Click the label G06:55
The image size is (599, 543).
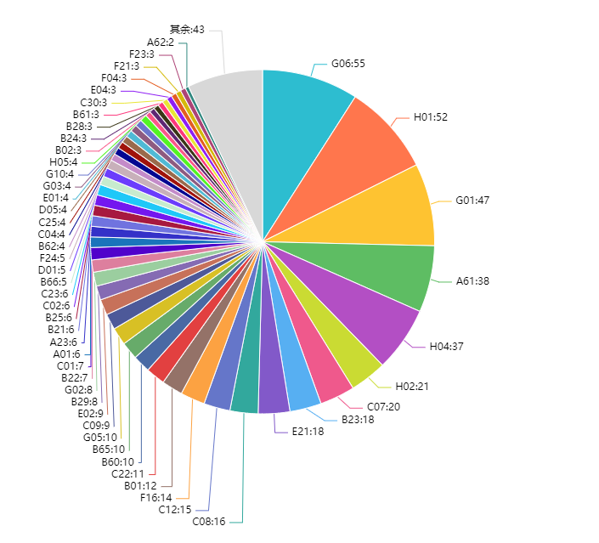348,64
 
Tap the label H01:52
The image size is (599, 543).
431,117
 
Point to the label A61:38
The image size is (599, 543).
472,280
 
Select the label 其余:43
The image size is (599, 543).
187,30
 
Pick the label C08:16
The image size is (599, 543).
209,522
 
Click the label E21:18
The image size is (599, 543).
308,432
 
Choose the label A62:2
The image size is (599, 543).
161,42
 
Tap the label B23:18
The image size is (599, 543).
358,419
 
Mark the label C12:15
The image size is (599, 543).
175,510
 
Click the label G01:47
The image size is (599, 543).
472,201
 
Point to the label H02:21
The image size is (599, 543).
413,386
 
